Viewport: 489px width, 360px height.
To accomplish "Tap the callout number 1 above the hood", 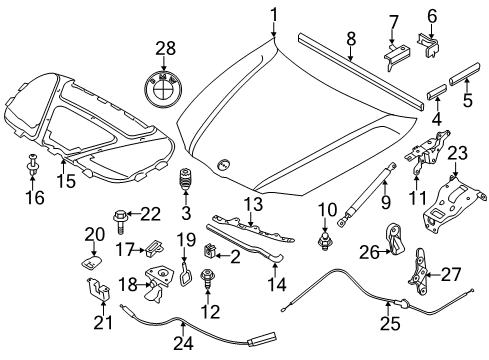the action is [274, 15].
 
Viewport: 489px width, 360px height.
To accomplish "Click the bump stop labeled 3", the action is [185, 181].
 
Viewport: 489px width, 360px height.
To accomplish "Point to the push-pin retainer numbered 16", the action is [32, 165].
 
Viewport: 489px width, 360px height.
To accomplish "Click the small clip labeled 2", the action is [209, 251].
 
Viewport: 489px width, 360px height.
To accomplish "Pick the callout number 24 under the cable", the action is [183, 343].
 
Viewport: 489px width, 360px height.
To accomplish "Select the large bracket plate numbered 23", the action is [452, 205].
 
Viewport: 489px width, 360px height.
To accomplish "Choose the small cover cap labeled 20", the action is [91, 262].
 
